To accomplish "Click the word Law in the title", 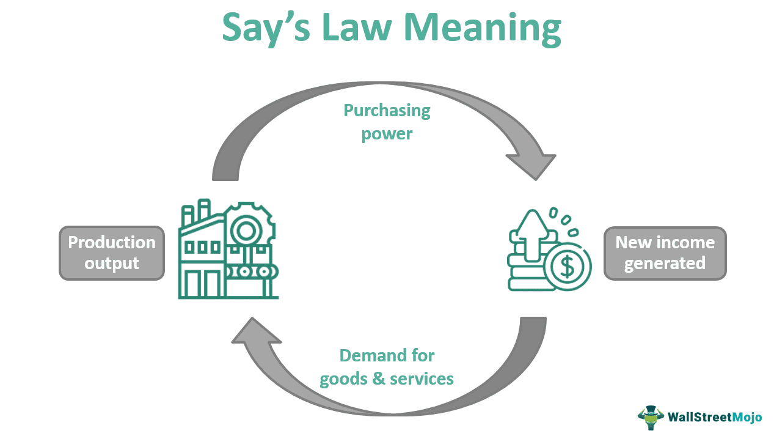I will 346,28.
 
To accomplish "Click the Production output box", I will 112,253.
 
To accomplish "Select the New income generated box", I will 665,253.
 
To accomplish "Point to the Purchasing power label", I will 387,122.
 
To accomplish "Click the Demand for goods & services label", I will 387,367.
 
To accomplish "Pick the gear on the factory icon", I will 247,231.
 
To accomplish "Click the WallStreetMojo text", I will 715,418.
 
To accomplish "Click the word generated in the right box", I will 665,264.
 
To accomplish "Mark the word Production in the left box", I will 112,243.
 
